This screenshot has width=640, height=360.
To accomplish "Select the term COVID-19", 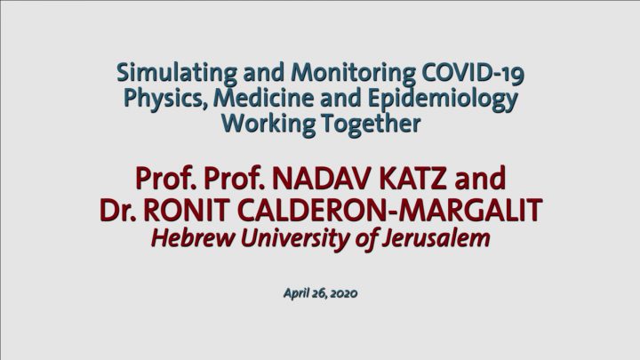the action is [x=472, y=73].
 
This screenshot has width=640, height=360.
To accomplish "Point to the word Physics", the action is [x=165, y=100].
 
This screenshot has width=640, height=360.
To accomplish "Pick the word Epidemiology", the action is [x=443, y=100].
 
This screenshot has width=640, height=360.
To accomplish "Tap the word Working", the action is [x=268, y=124].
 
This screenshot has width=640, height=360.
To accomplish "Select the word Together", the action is [x=371, y=124].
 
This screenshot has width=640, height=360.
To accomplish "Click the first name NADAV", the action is [x=322, y=179].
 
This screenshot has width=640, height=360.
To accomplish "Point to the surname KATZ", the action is [x=413, y=179].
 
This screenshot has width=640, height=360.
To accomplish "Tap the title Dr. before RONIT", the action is [x=117, y=210].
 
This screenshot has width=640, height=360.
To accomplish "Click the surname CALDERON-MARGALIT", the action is [x=389, y=210].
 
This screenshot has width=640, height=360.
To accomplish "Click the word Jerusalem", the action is [x=436, y=238].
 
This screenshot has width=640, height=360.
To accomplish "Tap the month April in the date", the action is [x=297, y=294].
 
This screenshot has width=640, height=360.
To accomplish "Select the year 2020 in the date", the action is [x=343, y=293].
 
